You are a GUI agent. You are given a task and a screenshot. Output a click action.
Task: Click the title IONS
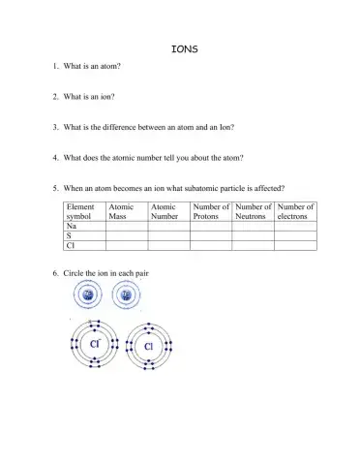(x=183, y=48)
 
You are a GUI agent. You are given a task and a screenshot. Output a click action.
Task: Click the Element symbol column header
(x=80, y=211)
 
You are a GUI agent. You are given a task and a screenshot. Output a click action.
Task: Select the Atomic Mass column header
(x=122, y=211)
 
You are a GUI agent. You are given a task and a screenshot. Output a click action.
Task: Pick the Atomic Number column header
(x=165, y=211)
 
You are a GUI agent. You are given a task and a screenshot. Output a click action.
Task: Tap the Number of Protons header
(x=210, y=211)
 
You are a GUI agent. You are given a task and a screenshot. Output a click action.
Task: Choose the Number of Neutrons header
(x=253, y=211)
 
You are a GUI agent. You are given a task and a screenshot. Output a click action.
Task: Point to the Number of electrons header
(x=295, y=211)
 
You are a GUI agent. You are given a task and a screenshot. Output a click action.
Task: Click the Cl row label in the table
(x=70, y=246)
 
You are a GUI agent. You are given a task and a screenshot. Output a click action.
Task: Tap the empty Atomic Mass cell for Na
(x=127, y=226)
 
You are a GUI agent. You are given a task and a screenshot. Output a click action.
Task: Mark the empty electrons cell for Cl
(x=296, y=246)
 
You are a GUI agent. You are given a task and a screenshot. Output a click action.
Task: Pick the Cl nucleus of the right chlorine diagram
(x=150, y=346)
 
